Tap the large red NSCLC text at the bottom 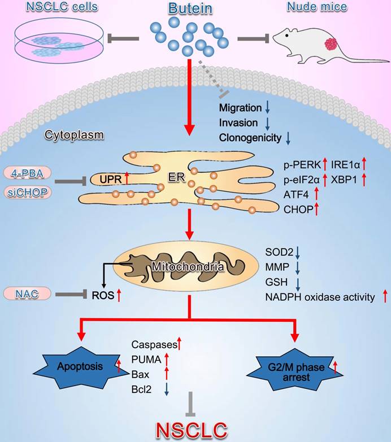click(193, 429)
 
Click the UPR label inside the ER click(111, 180)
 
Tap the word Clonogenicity click(250, 136)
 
